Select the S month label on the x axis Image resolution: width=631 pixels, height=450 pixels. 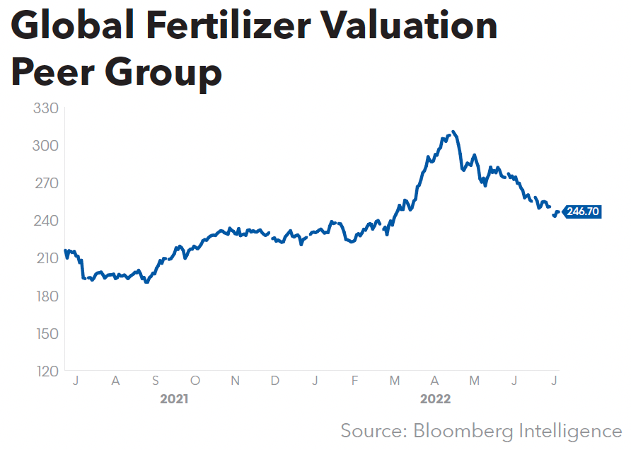click(155, 381)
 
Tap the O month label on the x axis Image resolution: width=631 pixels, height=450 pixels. click(195, 381)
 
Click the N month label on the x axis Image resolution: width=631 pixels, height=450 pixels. click(236, 381)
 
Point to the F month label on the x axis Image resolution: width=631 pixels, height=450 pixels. click(355, 381)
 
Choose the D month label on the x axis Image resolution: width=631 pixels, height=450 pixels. click(275, 381)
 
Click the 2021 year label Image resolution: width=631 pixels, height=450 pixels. click(174, 400)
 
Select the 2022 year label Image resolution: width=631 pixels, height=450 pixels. click(435, 400)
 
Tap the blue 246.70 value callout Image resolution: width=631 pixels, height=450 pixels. click(583, 212)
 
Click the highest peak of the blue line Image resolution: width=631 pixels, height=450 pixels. click(453, 132)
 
